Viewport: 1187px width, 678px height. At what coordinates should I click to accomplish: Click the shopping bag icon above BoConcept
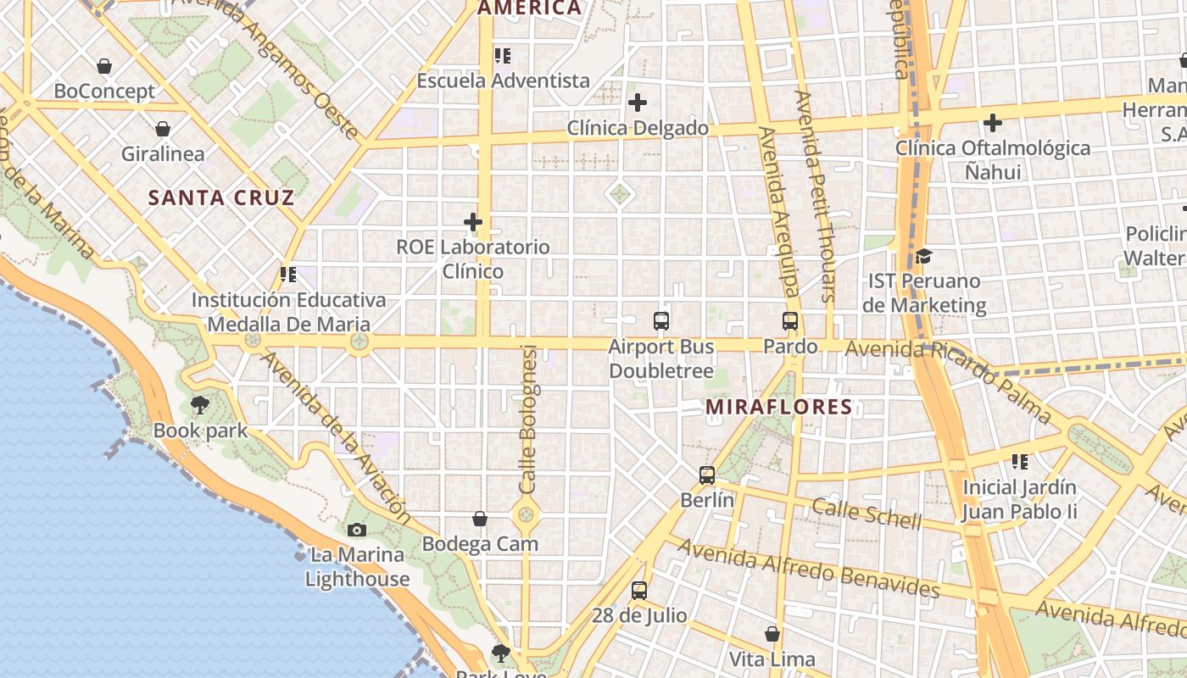click(104, 66)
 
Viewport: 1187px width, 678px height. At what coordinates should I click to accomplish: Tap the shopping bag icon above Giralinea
click(163, 129)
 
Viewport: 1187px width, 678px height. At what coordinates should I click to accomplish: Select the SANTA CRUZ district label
click(221, 198)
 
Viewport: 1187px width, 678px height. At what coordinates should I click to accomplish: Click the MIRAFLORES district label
click(779, 407)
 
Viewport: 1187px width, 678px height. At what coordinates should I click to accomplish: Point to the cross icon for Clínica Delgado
click(638, 103)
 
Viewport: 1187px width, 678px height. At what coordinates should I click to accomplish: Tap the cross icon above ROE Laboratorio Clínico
click(473, 222)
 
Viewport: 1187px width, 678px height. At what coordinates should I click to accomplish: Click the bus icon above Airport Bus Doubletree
click(661, 321)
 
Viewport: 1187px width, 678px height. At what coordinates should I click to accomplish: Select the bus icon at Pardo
click(790, 321)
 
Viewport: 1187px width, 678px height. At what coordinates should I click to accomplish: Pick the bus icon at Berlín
click(707, 475)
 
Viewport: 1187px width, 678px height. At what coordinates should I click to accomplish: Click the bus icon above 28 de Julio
click(639, 591)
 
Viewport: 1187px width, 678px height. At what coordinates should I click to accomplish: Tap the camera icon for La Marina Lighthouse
click(357, 530)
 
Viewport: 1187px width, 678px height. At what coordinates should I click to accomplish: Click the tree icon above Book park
click(200, 405)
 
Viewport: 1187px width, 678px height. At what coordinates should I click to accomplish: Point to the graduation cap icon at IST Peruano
click(923, 256)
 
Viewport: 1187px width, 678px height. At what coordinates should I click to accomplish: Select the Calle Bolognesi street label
click(528, 420)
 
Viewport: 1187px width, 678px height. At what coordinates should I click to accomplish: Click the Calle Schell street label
click(866, 514)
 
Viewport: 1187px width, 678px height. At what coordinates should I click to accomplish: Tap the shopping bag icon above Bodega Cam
click(480, 519)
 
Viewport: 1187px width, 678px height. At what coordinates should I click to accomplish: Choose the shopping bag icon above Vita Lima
click(772, 634)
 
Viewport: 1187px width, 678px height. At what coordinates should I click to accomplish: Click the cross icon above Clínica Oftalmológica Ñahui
click(993, 123)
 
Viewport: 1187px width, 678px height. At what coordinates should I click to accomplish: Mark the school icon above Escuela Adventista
click(503, 56)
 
